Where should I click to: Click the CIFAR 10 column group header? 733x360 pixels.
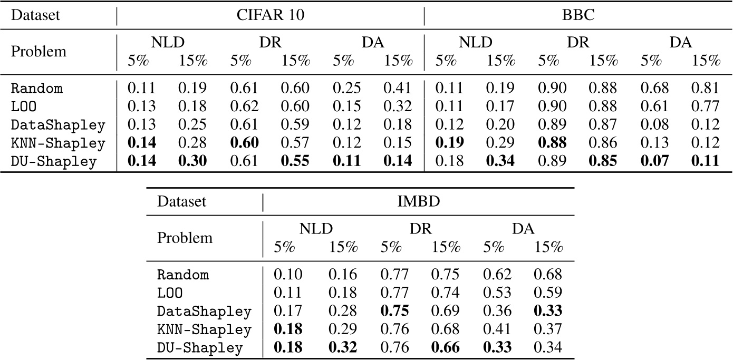tap(270, 14)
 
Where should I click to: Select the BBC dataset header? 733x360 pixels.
tap(578, 14)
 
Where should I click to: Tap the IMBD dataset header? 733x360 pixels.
tap(418, 201)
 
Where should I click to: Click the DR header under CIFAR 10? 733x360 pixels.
tap(269, 43)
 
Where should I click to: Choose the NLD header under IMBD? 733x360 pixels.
tap(315, 229)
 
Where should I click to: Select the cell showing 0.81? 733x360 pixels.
tap(706, 89)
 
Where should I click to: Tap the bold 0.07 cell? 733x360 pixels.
tap(654, 162)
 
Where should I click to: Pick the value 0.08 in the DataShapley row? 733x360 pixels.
tap(654, 125)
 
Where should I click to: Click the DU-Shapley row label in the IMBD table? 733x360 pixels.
tap(200, 348)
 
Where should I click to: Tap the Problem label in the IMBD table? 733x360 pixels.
tap(185, 238)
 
